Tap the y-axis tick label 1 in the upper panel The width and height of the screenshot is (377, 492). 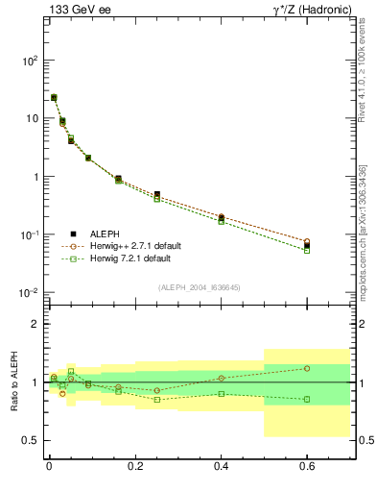tap(34, 177)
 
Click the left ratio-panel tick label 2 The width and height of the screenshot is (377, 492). tap(36, 325)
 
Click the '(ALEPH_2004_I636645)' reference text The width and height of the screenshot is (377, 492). tap(199, 287)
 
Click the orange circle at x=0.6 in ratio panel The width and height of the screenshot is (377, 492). tap(307, 368)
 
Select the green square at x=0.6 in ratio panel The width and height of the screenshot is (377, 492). tap(307, 399)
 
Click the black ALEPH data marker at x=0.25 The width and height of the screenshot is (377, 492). tap(156, 194)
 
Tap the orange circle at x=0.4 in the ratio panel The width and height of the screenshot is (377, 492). tap(221, 378)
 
